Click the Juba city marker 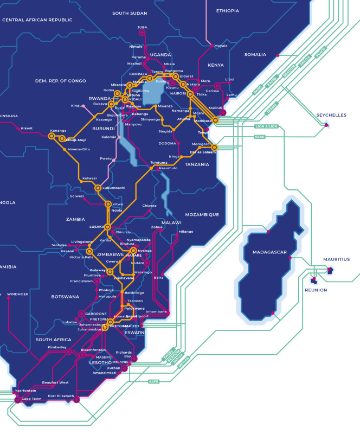[x=142, y=33]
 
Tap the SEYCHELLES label [x=331, y=115]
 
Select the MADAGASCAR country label [x=269, y=252]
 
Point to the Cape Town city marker [x=17, y=400]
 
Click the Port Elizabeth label [x=60, y=395]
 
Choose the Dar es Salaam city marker [x=214, y=147]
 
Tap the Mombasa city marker [x=215, y=120]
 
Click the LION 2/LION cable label [x=266, y=126]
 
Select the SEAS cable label [x=260, y=137]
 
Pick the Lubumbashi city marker [x=98, y=188]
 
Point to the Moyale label [x=221, y=46]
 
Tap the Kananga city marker [x=52, y=136]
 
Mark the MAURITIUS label [x=336, y=259]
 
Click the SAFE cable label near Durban [x=154, y=381]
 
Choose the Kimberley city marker [x=68, y=352]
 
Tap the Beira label [x=158, y=277]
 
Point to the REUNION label [x=316, y=290]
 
